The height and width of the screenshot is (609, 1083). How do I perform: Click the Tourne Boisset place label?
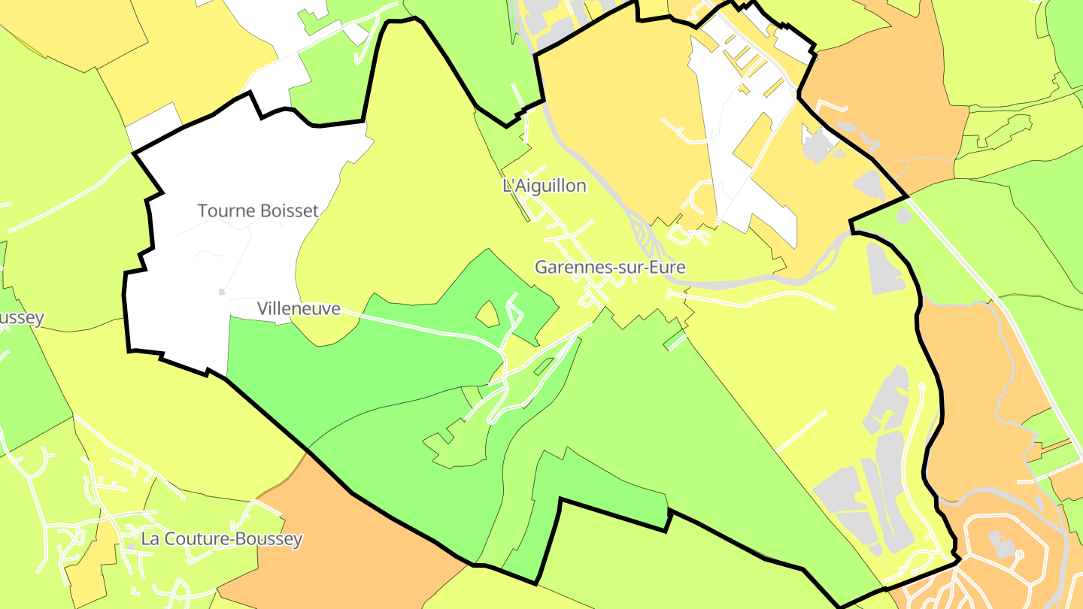(x=258, y=211)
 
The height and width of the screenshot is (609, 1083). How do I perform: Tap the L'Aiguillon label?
(x=544, y=186)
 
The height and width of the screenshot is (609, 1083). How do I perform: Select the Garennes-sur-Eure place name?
(x=610, y=267)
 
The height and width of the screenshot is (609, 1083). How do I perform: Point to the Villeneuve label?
(x=299, y=308)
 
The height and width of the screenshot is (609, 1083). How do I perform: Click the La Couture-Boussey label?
(x=222, y=539)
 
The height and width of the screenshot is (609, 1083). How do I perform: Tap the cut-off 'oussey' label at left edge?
(x=21, y=318)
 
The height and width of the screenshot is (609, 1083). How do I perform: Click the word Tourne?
(x=225, y=211)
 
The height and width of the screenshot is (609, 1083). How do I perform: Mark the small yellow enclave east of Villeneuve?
(x=487, y=314)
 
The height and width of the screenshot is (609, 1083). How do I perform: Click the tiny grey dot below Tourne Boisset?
(x=220, y=292)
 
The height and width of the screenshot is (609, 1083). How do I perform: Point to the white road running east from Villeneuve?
(x=421, y=324)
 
